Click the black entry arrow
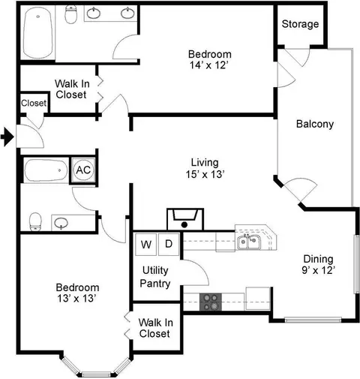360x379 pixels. (x=7, y=137)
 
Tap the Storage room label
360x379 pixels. (x=300, y=24)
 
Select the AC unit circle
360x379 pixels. (x=83, y=170)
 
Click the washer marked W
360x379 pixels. (x=145, y=245)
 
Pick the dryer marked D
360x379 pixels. (x=169, y=244)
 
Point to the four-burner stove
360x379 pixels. (x=211, y=302)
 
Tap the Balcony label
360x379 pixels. (x=315, y=124)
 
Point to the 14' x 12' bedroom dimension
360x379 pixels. (x=209, y=65)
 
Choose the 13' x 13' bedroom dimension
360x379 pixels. (x=77, y=298)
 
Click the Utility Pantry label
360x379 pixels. (x=155, y=277)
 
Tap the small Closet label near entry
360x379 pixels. (x=34, y=103)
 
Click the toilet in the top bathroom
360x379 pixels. (x=71, y=14)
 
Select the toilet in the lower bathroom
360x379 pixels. (x=35, y=222)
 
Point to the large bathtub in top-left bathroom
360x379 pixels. (x=38, y=32)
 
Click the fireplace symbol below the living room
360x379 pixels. (x=185, y=219)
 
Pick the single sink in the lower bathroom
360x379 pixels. (x=61, y=223)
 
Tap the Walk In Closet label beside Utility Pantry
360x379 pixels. (x=155, y=328)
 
